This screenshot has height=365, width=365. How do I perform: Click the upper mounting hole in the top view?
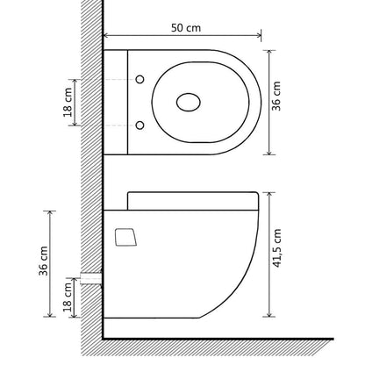coord(139,81)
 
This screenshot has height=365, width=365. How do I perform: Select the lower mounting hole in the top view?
coord(139,124)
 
